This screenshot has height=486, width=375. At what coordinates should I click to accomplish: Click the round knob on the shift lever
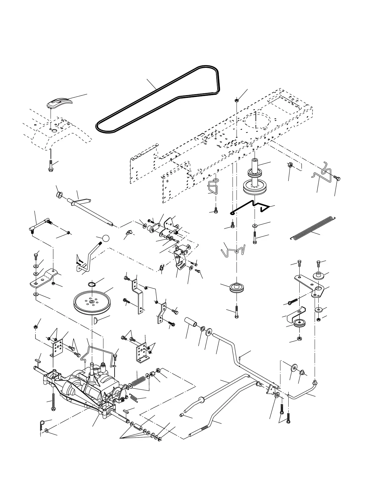[106, 238]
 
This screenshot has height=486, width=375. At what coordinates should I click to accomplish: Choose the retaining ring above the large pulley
[92, 284]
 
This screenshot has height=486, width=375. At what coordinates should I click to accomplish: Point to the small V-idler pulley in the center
[236, 288]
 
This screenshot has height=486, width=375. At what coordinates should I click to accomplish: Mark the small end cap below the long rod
[182, 415]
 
